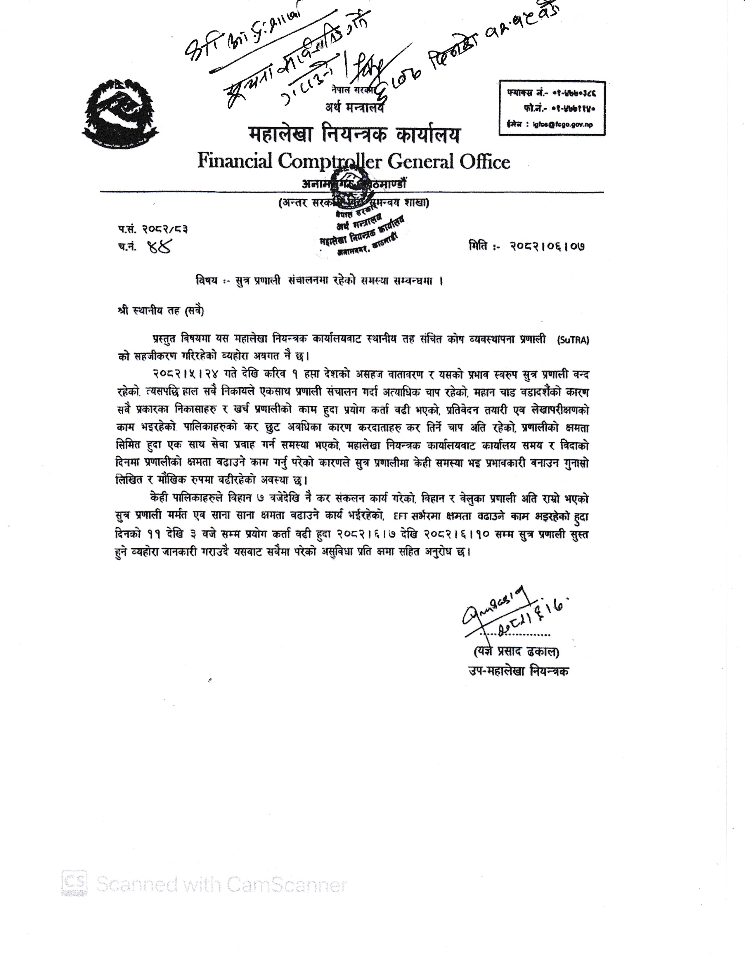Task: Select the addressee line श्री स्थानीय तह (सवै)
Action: pos(161,311)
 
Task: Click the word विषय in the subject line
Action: pos(207,281)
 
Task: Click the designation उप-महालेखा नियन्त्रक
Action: pos(519,671)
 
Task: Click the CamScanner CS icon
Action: pos(74,882)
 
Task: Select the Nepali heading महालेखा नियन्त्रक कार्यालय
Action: pos(354,135)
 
